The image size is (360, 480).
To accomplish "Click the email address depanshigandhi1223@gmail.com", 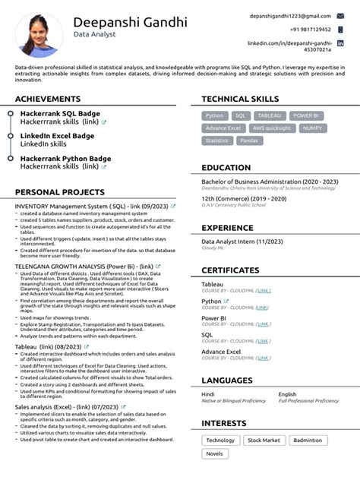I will (290, 16).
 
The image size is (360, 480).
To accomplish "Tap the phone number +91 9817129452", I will (310, 29).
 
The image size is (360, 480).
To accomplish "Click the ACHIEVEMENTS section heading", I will (48, 99).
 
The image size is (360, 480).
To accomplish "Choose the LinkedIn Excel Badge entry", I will (58, 136).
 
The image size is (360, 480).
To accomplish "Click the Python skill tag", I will (215, 115).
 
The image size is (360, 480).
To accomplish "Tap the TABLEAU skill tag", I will (269, 115).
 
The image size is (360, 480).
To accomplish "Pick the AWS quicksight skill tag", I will (272, 128).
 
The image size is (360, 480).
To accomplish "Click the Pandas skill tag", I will (249, 141).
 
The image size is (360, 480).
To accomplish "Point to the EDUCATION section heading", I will (226, 168).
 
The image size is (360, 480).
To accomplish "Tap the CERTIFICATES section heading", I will (231, 270).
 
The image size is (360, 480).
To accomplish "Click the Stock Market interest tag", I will (264, 441).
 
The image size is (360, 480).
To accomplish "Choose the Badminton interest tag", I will (308, 441).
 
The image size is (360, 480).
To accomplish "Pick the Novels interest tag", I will (215, 453).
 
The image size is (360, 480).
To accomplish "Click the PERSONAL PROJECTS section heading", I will (60, 192).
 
